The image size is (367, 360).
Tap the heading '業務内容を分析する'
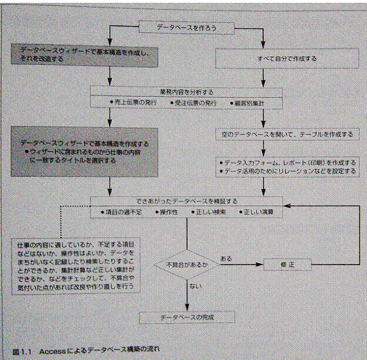[x=186, y=92]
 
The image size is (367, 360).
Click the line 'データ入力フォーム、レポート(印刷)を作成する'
[x=287, y=162]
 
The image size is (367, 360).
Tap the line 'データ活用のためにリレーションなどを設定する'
[x=287, y=171]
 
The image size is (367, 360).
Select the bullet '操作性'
[x=171, y=211]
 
